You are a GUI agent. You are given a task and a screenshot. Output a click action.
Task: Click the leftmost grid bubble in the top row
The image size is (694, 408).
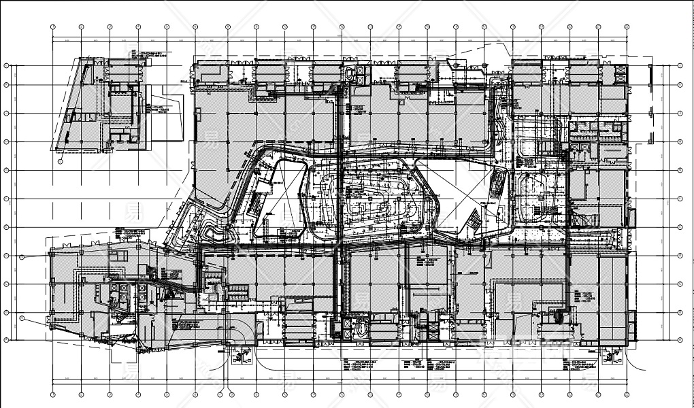[52, 28]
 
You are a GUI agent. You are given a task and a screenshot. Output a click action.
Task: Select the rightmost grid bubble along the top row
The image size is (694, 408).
[626, 28]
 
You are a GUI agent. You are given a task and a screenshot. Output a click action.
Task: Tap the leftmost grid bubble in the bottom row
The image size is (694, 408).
[52, 393]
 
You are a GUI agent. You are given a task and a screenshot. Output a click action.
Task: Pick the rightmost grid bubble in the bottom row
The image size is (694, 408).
[626, 393]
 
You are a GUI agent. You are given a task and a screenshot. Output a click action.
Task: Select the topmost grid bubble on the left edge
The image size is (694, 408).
[6, 66]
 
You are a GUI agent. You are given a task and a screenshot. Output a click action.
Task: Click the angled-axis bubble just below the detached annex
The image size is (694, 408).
[60, 162]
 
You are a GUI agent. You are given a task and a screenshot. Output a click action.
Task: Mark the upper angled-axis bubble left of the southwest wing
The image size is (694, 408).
[22, 258]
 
